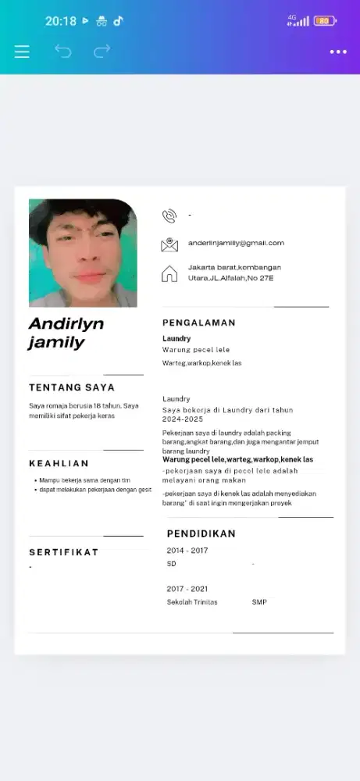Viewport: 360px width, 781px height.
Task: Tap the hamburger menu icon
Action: click(x=22, y=52)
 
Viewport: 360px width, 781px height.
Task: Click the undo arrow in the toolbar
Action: click(x=62, y=52)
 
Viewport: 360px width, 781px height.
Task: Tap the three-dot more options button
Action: click(x=338, y=52)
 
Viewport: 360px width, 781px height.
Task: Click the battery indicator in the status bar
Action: click(x=323, y=21)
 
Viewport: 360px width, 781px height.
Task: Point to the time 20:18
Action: click(x=61, y=21)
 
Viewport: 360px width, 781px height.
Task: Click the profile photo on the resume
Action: click(x=83, y=253)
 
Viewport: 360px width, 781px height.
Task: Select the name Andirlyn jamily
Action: click(x=66, y=333)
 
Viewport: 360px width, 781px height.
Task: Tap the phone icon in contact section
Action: click(x=169, y=216)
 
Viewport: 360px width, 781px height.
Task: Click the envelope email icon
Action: click(x=169, y=244)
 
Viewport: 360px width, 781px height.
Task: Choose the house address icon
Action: click(x=169, y=273)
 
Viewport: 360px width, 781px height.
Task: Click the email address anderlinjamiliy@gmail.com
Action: click(x=236, y=244)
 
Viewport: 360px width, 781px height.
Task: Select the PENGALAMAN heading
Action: click(x=198, y=323)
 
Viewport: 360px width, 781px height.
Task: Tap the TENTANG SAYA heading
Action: click(x=72, y=387)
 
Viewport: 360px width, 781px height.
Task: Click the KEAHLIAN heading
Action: click(x=59, y=463)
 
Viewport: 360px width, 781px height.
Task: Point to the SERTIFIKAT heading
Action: click(x=64, y=552)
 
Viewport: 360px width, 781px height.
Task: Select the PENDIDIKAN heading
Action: click(x=201, y=534)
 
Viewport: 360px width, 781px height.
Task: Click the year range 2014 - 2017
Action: click(x=187, y=551)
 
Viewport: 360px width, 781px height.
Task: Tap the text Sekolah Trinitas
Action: click(x=192, y=602)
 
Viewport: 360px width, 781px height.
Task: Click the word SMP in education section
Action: click(x=259, y=602)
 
